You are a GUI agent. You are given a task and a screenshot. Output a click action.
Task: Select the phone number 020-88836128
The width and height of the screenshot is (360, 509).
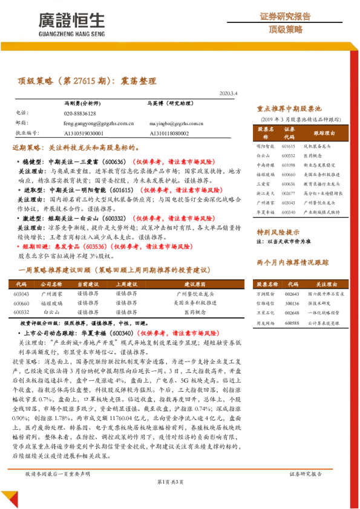[x=79, y=113]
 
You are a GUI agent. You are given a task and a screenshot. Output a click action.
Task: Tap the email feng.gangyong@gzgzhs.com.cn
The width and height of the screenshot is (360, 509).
[x=99, y=123]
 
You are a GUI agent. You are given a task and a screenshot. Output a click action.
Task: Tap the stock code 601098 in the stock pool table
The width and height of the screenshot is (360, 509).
[x=289, y=164]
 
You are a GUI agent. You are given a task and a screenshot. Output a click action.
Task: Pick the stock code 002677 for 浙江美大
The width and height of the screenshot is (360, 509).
[x=289, y=192]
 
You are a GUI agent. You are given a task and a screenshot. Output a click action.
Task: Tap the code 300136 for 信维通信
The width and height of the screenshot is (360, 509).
[x=292, y=303]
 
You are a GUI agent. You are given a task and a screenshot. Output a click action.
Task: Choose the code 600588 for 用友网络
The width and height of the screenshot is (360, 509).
[x=292, y=323]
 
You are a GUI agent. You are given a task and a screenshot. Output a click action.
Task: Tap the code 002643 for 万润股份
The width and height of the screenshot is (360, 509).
[x=292, y=293]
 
